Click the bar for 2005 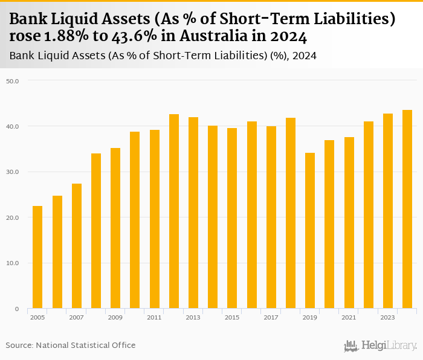37,257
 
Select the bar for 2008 96,231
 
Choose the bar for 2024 407,209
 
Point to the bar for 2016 251,215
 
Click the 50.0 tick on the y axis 13,80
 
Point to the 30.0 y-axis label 13,172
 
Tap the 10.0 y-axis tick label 13,263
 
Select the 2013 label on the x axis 193,317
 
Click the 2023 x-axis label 387,317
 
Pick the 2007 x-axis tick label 76,317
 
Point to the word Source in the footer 19,345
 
